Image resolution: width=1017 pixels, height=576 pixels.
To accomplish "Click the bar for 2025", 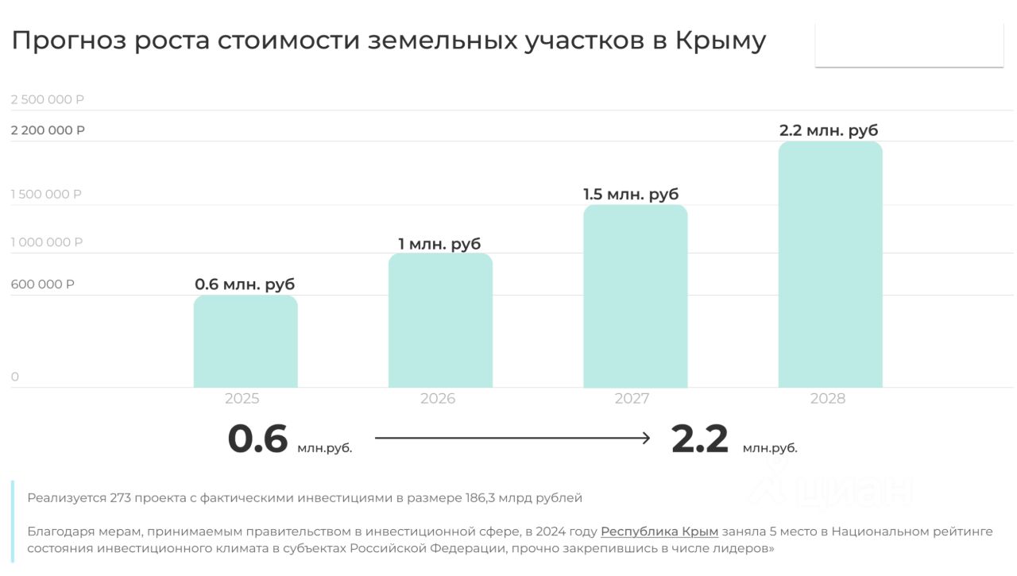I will click(246, 342).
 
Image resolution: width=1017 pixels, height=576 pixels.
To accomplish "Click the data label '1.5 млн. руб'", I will click(631, 194).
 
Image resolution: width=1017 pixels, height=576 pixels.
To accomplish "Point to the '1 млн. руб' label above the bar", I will click(439, 244).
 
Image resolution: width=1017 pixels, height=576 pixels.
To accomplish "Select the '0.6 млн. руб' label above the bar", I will click(245, 284).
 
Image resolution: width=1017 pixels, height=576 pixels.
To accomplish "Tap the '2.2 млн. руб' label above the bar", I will click(829, 130).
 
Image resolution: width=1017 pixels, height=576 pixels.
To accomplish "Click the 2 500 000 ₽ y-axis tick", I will click(48, 99).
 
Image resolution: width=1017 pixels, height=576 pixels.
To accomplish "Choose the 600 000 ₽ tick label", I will click(43, 284).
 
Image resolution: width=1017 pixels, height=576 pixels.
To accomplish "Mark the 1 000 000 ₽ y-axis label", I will click(47, 242).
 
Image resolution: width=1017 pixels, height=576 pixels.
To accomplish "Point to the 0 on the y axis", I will click(15, 377).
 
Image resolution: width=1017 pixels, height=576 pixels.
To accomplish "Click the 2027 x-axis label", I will click(632, 399).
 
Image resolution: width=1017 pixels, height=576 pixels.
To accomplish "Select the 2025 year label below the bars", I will click(242, 399).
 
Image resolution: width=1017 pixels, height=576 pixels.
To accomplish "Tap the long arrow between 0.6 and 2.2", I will click(512, 438).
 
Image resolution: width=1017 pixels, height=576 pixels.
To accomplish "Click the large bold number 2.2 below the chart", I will click(699, 439).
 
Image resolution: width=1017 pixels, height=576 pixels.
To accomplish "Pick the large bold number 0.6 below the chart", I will click(257, 439).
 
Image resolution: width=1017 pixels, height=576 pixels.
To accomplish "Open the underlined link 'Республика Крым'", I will click(659, 532).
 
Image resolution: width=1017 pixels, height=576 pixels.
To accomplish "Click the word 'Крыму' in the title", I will click(720, 41).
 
